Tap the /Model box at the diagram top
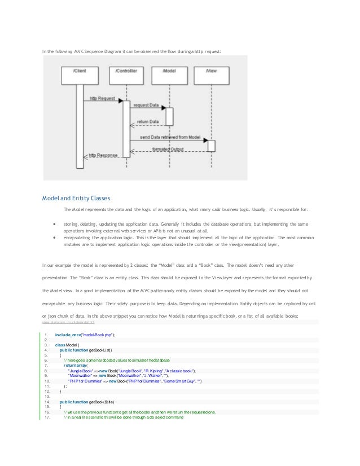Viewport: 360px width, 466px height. [x=169, y=72]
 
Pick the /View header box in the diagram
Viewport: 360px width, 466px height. [x=211, y=72]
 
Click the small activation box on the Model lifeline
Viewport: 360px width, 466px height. [x=169, y=116]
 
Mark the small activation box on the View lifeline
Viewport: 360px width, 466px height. [x=212, y=145]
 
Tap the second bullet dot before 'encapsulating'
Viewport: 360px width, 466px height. [x=53, y=238]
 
